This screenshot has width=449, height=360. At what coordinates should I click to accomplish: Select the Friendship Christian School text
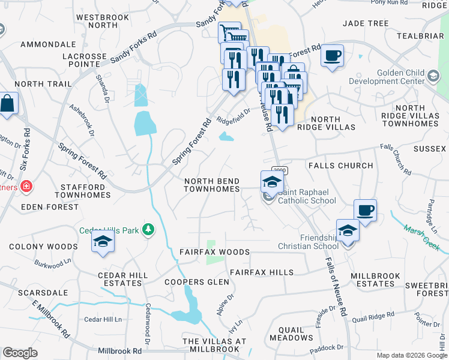(x=308, y=241)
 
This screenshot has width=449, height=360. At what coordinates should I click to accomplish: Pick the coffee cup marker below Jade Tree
(x=332, y=56)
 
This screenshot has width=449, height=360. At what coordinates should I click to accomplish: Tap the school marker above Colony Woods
(x=103, y=241)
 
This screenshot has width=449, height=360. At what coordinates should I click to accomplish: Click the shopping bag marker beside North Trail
(x=8, y=103)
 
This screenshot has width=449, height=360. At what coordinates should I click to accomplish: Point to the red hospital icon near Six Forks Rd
(x=26, y=187)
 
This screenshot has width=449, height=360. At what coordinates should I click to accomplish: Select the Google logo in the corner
(x=20, y=353)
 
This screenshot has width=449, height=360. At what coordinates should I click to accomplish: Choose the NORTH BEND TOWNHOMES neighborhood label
(x=211, y=185)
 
